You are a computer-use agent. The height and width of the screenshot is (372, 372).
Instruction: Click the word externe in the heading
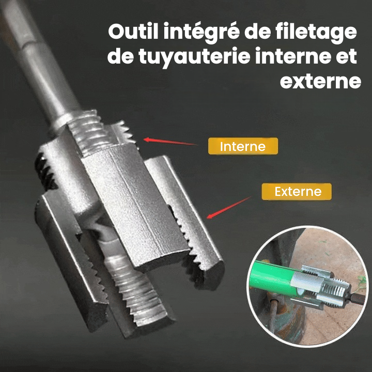coord(320,82)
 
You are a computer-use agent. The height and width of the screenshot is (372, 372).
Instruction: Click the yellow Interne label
coord(243,146)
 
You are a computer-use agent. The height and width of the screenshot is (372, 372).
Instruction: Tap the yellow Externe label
coord(297,192)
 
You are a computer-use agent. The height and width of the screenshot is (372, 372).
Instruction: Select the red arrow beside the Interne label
coord(170,142)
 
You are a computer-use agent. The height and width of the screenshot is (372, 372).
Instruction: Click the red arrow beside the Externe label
coord(228,208)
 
